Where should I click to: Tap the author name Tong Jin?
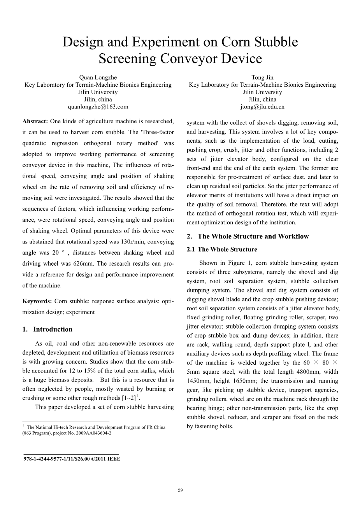tap(262, 77)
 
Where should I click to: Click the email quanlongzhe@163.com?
tap(98, 107)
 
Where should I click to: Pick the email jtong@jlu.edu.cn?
tap(262, 107)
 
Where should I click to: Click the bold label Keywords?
tap(37, 301)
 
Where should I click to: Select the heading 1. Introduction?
tap(47, 329)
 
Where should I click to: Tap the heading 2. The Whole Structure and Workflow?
tap(248, 236)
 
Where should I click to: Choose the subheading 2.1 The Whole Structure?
tap(222, 249)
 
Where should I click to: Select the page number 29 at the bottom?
tap(180, 490)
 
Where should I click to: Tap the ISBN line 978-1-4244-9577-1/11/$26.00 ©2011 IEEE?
tap(72, 459)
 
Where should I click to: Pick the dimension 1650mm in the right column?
tap(242, 381)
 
